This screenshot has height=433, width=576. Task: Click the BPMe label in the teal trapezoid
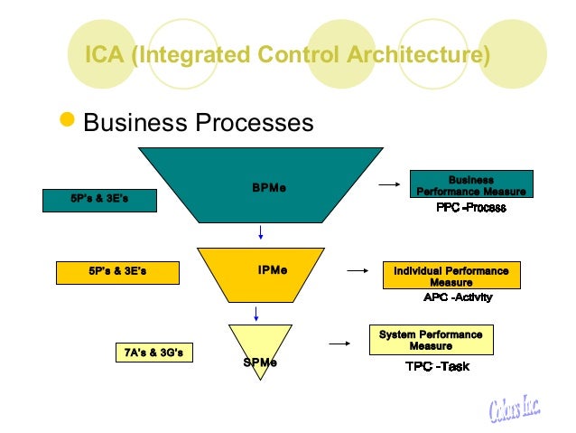pyautogui.click(x=269, y=188)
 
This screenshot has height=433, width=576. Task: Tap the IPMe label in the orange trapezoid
pyautogui.click(x=273, y=270)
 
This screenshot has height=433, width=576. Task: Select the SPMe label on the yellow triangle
pyautogui.click(x=260, y=362)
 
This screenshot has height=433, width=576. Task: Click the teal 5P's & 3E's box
pyautogui.click(x=99, y=201)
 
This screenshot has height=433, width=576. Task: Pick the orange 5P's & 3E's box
pyautogui.click(x=117, y=273)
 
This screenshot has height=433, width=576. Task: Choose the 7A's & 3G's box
pyautogui.click(x=154, y=353)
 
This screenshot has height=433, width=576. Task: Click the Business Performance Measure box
pyautogui.click(x=471, y=184)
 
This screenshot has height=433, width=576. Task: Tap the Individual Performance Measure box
pyautogui.click(x=451, y=275)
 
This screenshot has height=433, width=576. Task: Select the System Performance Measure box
pyautogui.click(x=432, y=340)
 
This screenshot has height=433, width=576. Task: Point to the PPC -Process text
pyautogui.click(x=471, y=208)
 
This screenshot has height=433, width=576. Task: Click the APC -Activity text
pyautogui.click(x=458, y=297)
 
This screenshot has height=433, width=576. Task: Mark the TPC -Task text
pyautogui.click(x=437, y=366)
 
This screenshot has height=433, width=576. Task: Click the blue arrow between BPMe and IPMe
pyautogui.click(x=260, y=232)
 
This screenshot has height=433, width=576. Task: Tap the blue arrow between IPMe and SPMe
pyautogui.click(x=256, y=314)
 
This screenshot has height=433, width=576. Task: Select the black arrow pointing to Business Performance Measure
pyautogui.click(x=389, y=184)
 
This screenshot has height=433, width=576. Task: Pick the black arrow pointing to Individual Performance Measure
pyautogui.click(x=358, y=271)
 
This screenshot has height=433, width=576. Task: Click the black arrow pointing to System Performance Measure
pyautogui.click(x=339, y=344)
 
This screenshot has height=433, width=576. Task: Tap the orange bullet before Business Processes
pyautogui.click(x=67, y=119)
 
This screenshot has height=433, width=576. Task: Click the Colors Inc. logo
pyautogui.click(x=515, y=408)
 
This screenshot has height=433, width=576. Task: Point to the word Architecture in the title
pyautogui.click(x=418, y=54)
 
